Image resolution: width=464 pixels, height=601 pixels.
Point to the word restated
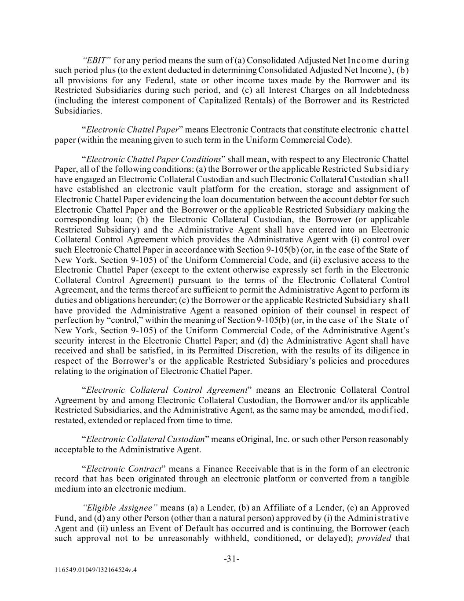[x=69, y=420]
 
